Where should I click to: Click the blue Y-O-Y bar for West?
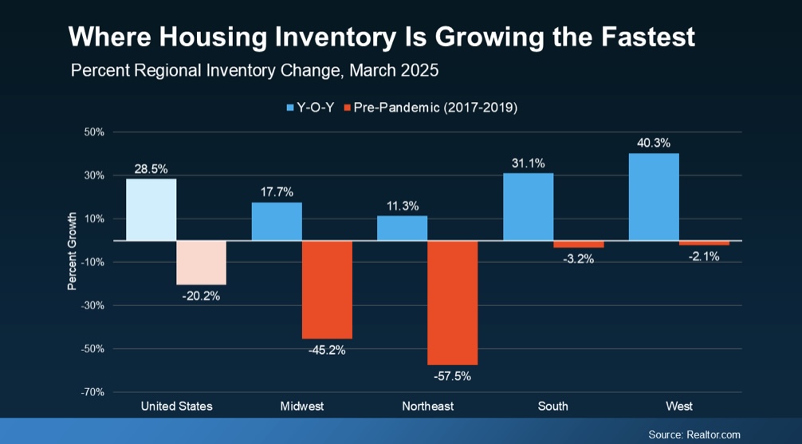coord(654,197)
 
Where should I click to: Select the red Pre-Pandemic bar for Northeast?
coord(452,302)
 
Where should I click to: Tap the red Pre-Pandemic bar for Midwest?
coord(327,289)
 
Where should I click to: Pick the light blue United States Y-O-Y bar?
coord(151,210)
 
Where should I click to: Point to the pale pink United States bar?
coord(201,262)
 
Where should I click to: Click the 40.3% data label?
coord(654,143)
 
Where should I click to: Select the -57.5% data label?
coord(452,375)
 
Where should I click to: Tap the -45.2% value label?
coord(327,349)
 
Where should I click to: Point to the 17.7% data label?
coord(276,192)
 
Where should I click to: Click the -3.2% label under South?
coord(578,258)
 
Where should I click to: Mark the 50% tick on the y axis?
coord(94,132)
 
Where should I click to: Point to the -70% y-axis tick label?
coord(92,392)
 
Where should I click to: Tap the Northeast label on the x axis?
coord(427,407)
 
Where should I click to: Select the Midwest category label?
coord(302,407)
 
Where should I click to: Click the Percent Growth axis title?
coord(72,250)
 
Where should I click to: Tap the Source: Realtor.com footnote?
coord(694,434)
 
